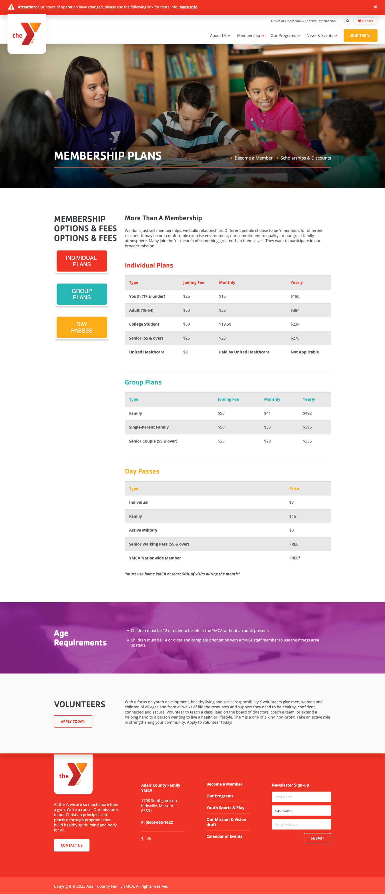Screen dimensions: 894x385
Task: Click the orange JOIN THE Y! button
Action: [360, 35]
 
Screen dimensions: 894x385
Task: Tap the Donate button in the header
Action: [366, 21]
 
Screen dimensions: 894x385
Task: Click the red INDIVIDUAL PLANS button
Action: [82, 261]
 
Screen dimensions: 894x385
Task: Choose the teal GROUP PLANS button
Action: [82, 294]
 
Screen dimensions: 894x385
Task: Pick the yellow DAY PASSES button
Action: [82, 327]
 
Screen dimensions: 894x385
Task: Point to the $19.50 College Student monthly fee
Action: [225, 324]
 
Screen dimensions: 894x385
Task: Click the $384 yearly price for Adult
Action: [295, 310]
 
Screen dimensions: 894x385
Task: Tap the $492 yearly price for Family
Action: [307, 413]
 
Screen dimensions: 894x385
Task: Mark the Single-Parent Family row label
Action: [149, 427]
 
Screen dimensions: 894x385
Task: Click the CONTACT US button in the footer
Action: [71, 845]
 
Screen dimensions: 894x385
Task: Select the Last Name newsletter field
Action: [301, 811]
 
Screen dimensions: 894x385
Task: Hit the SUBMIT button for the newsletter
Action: [317, 838]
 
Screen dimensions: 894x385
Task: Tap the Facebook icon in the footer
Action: [142, 839]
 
